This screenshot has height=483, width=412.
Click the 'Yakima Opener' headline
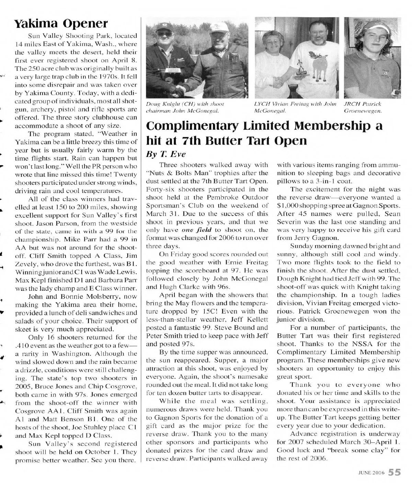point(61,23)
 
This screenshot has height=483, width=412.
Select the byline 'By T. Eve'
point(161,154)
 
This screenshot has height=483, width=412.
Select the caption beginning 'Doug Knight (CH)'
point(186,107)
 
